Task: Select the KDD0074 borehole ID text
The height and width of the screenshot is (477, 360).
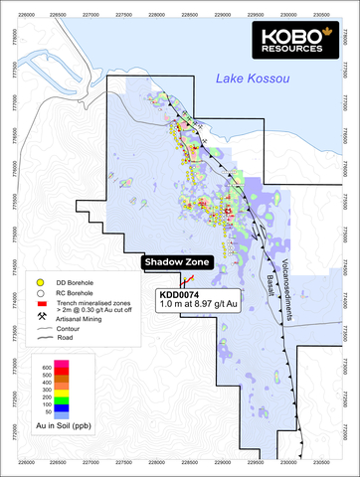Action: click(x=180, y=295)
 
